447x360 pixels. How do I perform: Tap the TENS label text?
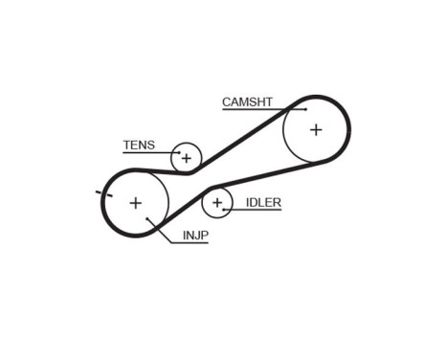click(138, 146)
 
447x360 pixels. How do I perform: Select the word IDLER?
click(262, 202)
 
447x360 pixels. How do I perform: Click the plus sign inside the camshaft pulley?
click(315, 129)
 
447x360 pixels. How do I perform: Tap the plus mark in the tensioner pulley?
click(187, 158)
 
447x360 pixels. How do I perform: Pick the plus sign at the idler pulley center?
click(217, 202)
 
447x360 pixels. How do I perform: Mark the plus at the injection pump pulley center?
click(135, 202)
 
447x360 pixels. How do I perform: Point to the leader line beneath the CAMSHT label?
click(254, 108)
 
